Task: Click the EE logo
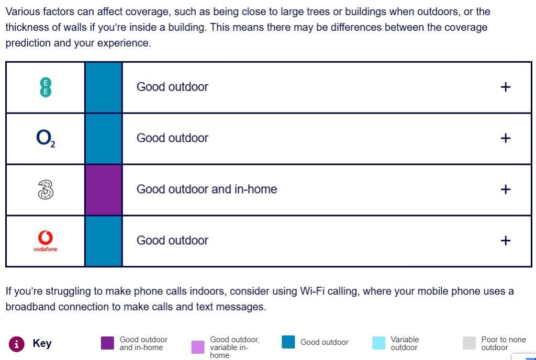click(46, 87)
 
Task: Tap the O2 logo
click(46, 138)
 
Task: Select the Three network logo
click(46, 189)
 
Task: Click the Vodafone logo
click(46, 241)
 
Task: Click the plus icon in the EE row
click(505, 87)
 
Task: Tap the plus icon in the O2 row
click(505, 138)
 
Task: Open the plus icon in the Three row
click(505, 189)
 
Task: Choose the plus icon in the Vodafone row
click(505, 241)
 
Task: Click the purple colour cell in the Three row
click(104, 189)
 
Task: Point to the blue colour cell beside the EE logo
click(104, 87)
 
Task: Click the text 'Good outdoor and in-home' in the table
click(206, 189)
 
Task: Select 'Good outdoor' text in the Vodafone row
click(172, 241)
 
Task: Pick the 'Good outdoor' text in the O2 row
click(172, 138)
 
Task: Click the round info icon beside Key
click(17, 344)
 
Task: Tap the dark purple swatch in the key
click(107, 343)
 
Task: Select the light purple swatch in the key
click(198, 347)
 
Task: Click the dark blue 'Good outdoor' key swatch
click(288, 342)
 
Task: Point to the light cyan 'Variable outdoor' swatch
click(378, 343)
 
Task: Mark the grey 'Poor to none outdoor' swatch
click(470, 343)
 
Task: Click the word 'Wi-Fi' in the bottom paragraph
click(313, 291)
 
